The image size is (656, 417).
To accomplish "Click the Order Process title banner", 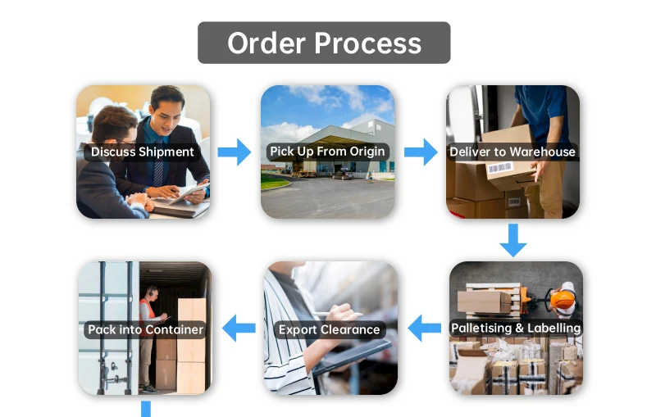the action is click(324, 43).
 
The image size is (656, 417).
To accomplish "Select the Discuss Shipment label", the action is click(143, 152).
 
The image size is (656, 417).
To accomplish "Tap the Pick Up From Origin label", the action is click(327, 152).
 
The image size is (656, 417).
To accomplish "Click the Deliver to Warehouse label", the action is click(512, 152).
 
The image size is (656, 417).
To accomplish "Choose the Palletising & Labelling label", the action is click(516, 329).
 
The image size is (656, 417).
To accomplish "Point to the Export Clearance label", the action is click(330, 330).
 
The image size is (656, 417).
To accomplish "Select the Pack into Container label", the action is click(145, 330).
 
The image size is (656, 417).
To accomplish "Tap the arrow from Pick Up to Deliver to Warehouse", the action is click(421, 152).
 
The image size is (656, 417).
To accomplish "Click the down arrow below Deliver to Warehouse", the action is click(513, 239).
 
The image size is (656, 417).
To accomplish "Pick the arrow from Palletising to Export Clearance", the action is click(424, 329).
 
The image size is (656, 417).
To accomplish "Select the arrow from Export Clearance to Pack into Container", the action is click(239, 329).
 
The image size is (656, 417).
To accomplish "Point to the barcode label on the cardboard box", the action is click(500, 170).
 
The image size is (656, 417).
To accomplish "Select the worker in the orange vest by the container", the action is click(148, 344).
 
